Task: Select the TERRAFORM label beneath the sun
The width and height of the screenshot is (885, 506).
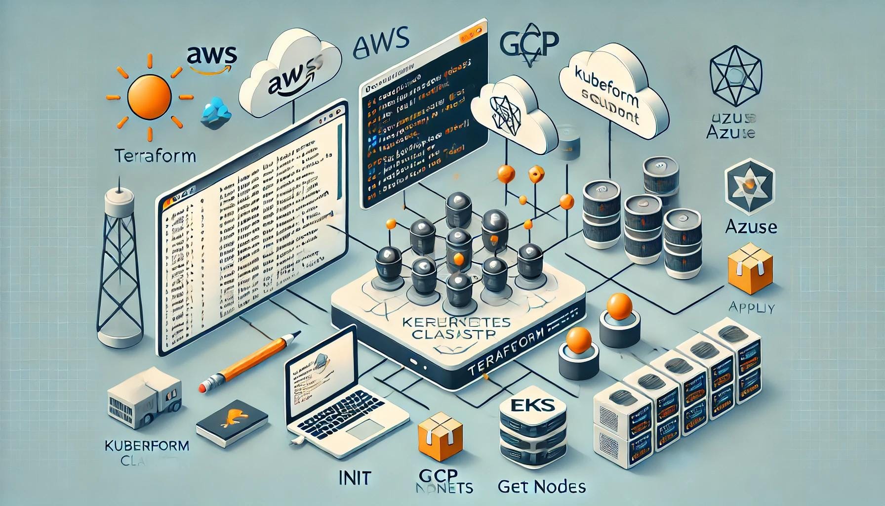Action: pos(155,156)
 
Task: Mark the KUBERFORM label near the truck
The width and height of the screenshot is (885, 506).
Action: pos(147,445)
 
